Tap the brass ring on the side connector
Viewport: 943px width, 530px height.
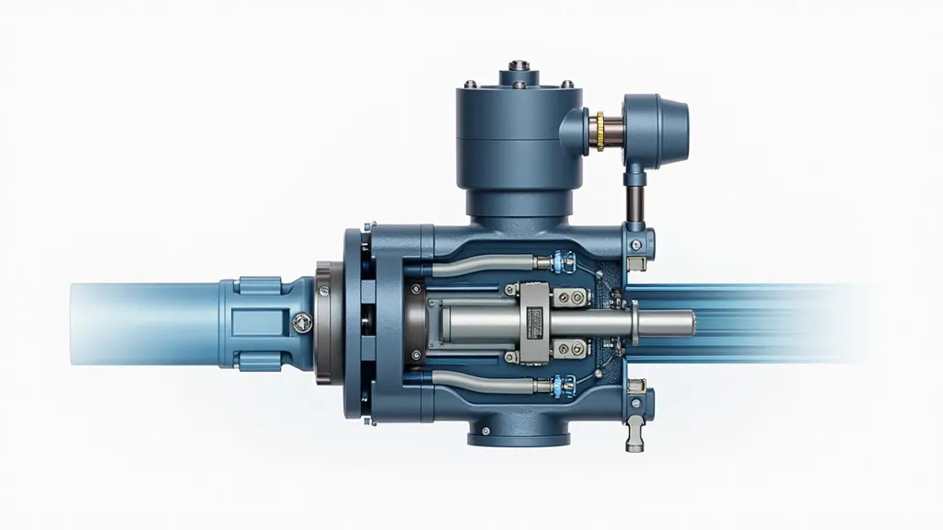click(600, 132)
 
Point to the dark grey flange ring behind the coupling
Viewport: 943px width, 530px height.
click(324, 322)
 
